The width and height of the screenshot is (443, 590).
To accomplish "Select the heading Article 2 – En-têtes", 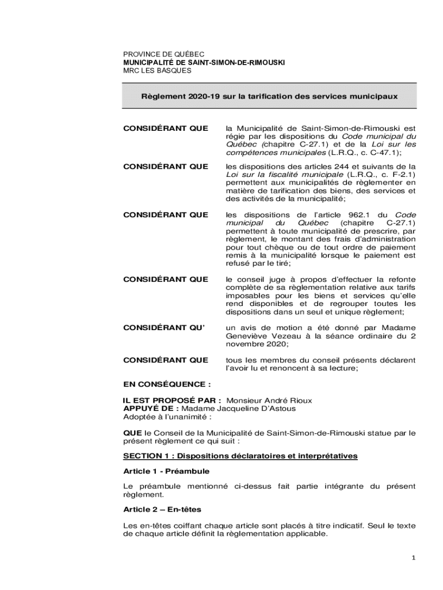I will tap(162, 510).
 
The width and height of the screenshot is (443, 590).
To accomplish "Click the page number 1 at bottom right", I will tap(413, 558).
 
